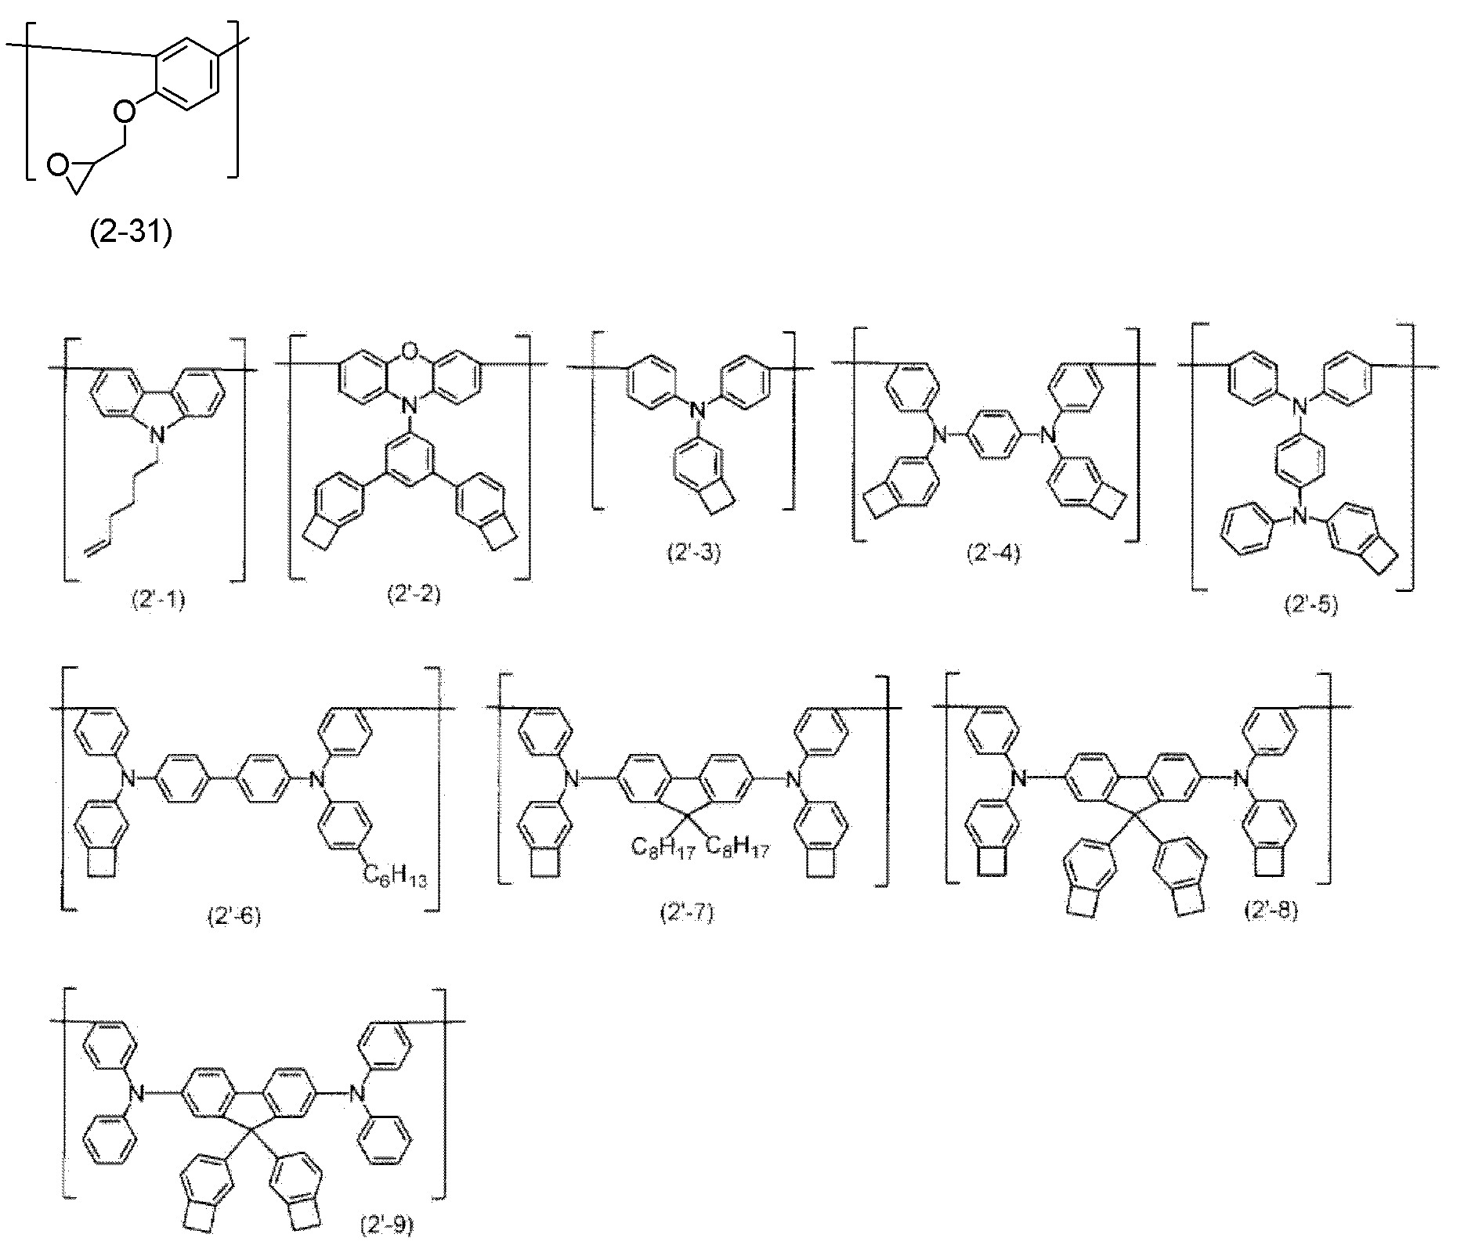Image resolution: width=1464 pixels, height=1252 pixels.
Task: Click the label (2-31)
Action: [x=130, y=233]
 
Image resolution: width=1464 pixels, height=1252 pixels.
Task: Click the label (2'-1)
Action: [x=157, y=601]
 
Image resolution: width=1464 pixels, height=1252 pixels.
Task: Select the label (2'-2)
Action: [x=414, y=594]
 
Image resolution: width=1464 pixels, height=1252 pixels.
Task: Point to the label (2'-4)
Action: [x=992, y=554]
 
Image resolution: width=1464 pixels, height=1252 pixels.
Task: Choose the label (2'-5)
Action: [x=1310, y=604]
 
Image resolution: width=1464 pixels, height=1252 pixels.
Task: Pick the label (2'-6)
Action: [x=233, y=915]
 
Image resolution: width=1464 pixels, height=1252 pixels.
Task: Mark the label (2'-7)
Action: [x=687, y=913]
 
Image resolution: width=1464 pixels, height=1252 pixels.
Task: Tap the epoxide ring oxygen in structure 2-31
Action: [x=56, y=164]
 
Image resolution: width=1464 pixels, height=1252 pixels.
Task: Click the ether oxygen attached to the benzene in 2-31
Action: [x=123, y=111]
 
